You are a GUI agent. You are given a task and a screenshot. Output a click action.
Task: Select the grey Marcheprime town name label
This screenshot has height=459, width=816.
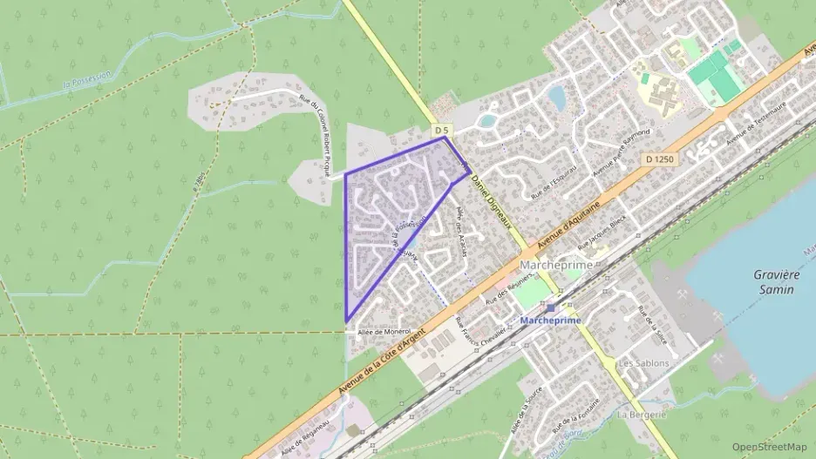555,265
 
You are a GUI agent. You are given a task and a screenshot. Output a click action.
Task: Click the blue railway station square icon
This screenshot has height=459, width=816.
551,307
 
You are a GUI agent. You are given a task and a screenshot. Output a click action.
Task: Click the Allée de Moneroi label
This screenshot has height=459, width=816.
384,331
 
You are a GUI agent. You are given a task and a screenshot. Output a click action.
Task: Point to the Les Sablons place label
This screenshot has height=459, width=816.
643,362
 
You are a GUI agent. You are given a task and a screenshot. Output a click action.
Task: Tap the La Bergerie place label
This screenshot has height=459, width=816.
641,415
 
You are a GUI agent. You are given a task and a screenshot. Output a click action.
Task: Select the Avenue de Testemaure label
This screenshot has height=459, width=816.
758,121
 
